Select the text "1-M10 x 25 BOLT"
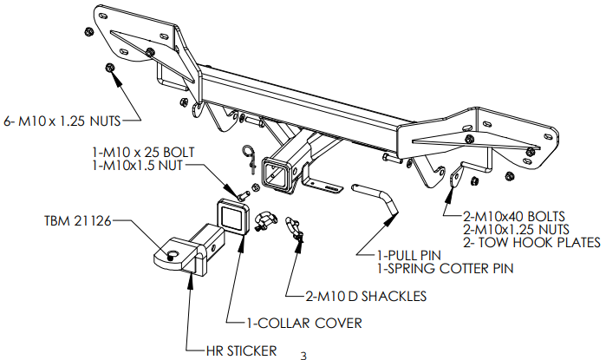point(144,153)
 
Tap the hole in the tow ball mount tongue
point(171,254)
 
